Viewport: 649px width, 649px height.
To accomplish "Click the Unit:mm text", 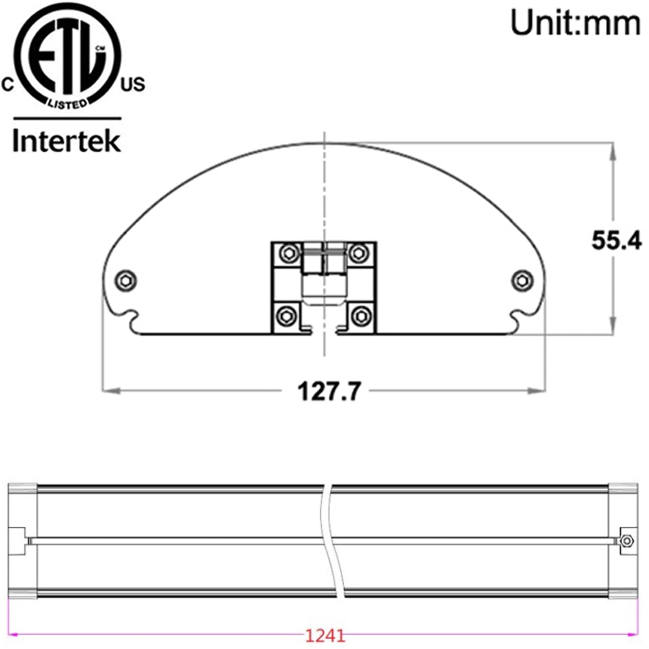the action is click(576, 24).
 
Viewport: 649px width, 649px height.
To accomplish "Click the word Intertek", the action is click(67, 141).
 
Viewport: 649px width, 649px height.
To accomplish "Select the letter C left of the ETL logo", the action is click(8, 85).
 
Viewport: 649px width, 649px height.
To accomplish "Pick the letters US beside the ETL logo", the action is click(133, 84).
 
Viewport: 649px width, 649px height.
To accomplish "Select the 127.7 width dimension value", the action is click(329, 391).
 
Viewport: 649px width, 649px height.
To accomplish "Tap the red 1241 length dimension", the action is click(325, 635).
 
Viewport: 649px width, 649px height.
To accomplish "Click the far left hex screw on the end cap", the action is click(125, 280).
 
